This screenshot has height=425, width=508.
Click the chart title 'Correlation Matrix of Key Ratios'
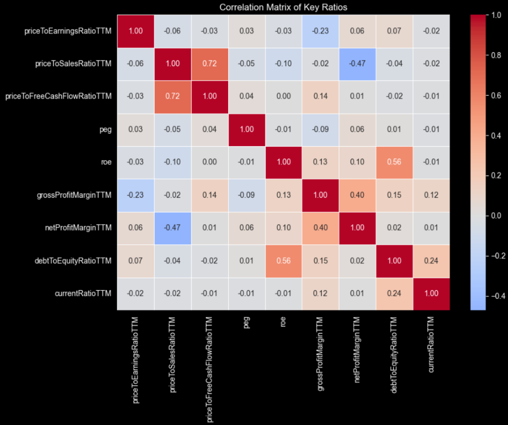pos(283,7)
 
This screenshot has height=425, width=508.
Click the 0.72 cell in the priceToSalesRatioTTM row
pos(210,64)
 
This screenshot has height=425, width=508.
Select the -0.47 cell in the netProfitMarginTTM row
pos(173,228)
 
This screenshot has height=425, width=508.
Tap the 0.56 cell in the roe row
pos(395,162)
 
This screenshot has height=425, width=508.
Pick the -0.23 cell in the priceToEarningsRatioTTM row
pos(321,31)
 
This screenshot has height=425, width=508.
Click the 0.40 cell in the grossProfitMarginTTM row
pos(357,195)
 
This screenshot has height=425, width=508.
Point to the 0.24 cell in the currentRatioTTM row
pos(395,293)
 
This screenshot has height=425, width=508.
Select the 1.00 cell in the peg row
pos(247,129)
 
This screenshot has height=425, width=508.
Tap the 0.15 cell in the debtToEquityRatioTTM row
pos(321,261)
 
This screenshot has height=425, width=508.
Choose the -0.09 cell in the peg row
pos(321,129)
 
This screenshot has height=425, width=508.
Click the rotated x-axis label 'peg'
pos(247,323)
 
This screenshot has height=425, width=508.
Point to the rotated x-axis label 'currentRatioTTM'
pos(431,344)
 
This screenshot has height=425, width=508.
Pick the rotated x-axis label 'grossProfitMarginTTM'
pos(321,351)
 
